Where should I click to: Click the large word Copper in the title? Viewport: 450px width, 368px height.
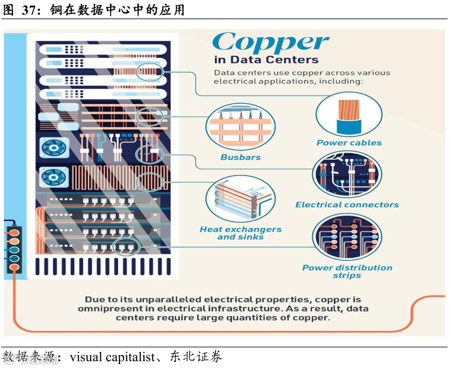click(270, 43)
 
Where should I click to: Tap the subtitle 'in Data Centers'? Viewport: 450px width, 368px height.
click(266, 60)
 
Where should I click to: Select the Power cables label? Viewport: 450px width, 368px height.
click(349, 143)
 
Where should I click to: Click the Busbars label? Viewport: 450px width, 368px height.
click(241, 158)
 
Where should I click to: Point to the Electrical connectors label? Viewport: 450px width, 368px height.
click(347, 205)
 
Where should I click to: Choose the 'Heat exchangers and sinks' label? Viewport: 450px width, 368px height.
click(241, 233)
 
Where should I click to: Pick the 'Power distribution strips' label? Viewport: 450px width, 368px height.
click(347, 272)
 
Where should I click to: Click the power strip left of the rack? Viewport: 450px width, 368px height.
click(13, 245)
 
